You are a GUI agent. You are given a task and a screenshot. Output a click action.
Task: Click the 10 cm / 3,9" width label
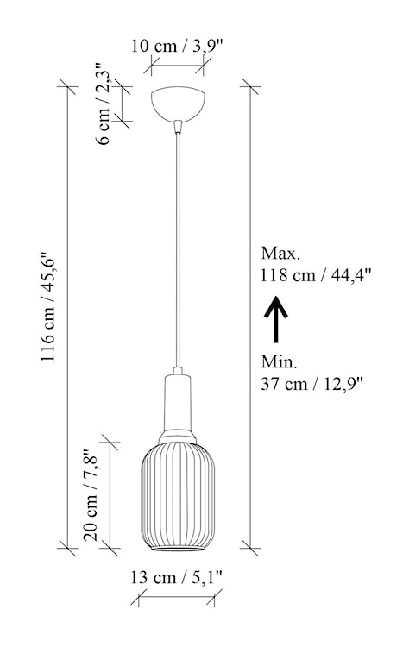tap(180, 47)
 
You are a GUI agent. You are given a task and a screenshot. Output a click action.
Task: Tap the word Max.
tap(280, 254)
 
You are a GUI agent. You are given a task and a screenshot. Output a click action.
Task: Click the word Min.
tap(278, 361)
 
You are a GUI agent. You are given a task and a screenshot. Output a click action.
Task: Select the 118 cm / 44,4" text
tap(314, 276)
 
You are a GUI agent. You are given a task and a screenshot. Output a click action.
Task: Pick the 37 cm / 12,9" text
tap(311, 383)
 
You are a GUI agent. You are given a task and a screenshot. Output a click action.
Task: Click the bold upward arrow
tap(275, 320)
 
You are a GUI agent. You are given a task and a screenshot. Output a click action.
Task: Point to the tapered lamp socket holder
tap(179, 404)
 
